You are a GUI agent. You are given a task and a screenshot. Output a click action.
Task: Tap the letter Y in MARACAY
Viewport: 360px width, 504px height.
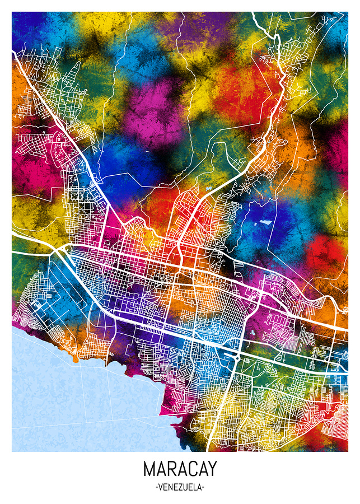(x=211, y=469)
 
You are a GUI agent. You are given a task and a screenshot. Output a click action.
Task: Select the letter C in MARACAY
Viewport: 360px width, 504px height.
(x=189, y=469)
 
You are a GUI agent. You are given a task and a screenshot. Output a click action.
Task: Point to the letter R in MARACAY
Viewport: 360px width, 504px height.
(x=170, y=469)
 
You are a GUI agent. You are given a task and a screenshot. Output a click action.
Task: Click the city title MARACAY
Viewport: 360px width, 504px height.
(x=180, y=469)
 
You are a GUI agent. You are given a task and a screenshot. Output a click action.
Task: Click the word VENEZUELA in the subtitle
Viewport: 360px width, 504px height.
(x=180, y=487)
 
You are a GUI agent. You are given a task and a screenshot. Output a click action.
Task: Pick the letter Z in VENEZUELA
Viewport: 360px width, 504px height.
(x=178, y=487)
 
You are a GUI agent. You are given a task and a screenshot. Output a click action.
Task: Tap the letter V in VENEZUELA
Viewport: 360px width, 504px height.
(x=161, y=487)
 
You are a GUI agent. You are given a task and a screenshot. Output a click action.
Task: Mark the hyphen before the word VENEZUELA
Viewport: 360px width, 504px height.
(x=156, y=487)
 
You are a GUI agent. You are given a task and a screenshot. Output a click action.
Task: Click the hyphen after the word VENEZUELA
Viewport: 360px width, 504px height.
(x=203, y=487)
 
